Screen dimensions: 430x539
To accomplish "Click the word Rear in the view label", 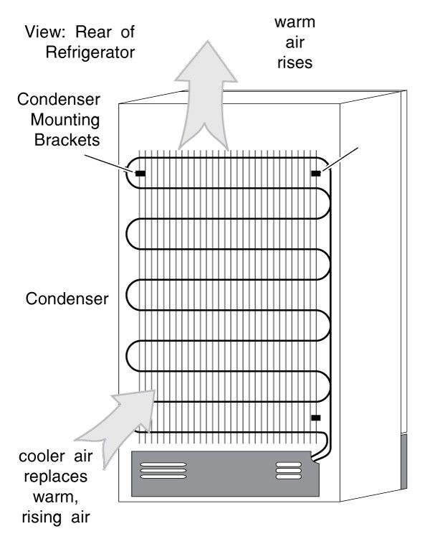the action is point(93,32).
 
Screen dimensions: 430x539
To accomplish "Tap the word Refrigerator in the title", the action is point(90,52).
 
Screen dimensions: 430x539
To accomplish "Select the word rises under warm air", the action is point(295,62).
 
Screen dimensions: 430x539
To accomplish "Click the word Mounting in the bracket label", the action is point(65,120).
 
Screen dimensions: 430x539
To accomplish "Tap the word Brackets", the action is point(67,140).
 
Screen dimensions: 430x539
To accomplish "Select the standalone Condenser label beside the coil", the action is point(67,299).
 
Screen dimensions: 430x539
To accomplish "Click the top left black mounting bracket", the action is point(140,174).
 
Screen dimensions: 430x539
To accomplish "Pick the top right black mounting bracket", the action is point(316,174).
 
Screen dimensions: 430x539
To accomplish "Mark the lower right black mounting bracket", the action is point(316,418).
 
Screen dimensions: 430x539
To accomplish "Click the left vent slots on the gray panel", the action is point(163,471).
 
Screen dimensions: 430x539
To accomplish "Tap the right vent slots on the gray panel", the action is point(289,471).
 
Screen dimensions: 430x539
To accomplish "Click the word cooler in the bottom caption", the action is point(42,456).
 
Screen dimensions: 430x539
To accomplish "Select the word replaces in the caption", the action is point(56,477).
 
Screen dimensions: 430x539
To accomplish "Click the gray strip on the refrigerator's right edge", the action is point(404,461).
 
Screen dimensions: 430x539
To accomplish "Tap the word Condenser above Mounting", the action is point(59,99).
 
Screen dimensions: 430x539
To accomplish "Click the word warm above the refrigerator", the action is point(295,22).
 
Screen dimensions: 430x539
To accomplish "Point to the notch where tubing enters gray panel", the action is point(314,459).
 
